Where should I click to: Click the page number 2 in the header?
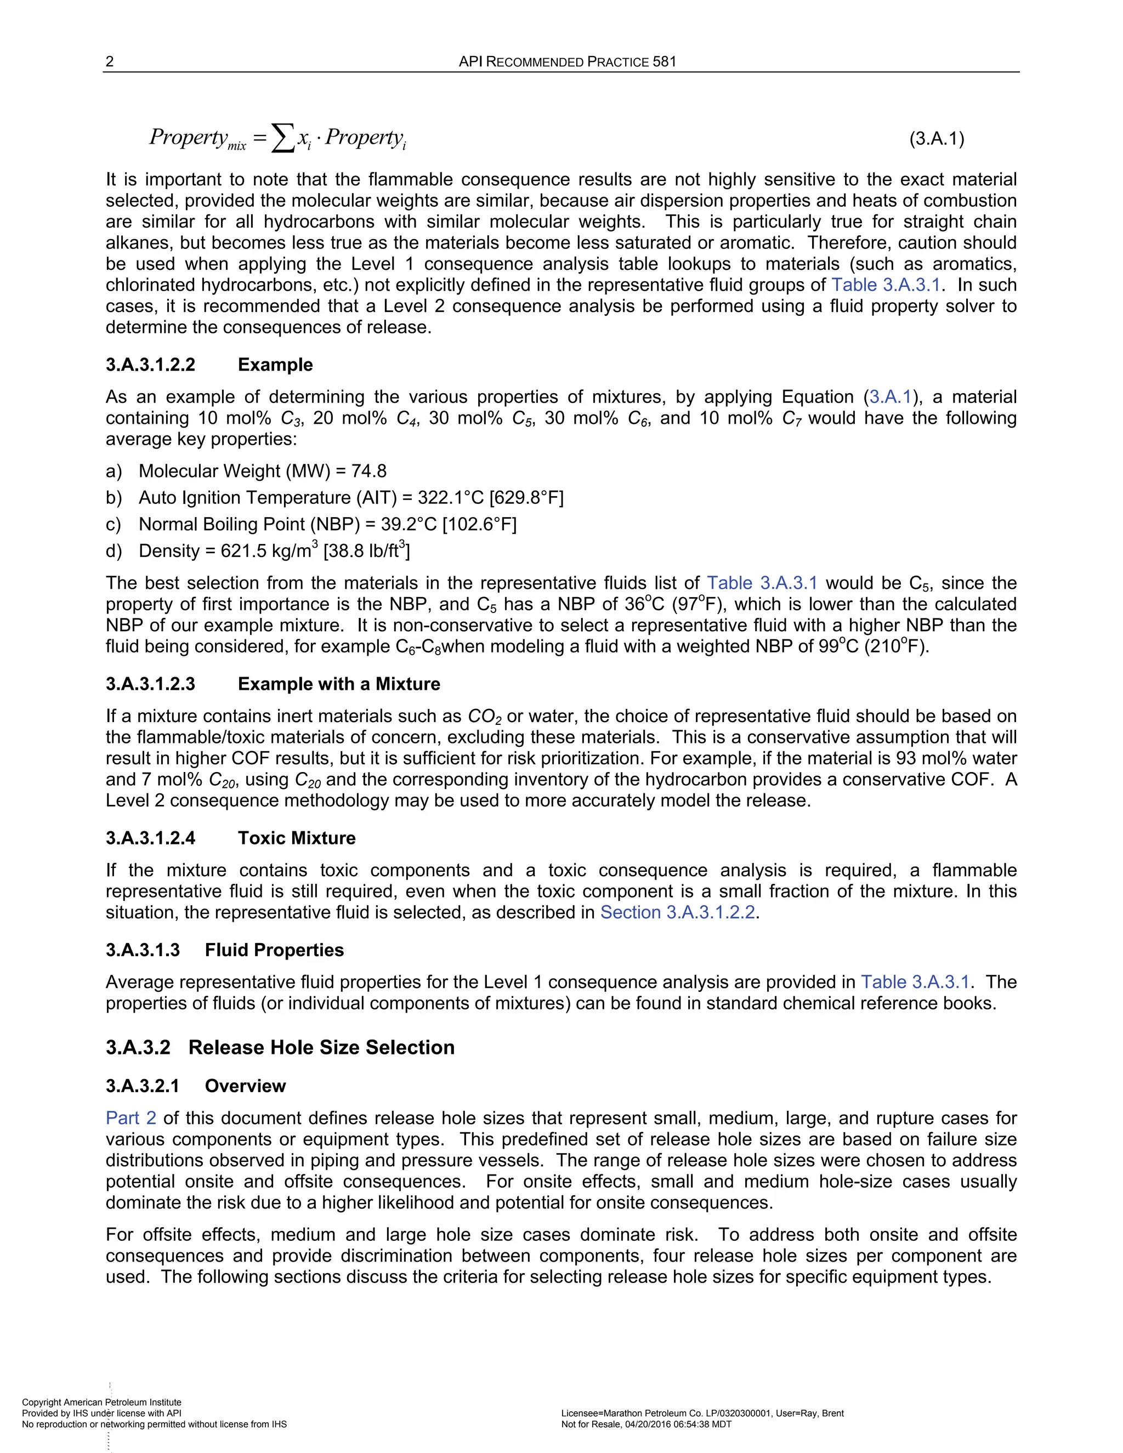(x=110, y=62)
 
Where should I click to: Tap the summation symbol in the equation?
(x=283, y=138)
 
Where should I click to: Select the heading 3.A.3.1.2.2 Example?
(x=209, y=365)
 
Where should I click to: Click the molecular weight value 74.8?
(x=368, y=471)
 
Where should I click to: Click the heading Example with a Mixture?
(x=339, y=684)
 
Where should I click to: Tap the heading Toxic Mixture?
(x=297, y=838)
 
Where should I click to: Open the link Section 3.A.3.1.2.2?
(x=677, y=912)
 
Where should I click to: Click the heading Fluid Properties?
(x=274, y=950)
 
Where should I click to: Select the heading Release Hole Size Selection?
(x=321, y=1047)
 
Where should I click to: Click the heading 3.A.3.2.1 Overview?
(x=196, y=1086)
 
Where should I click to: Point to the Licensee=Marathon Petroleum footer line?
(x=702, y=1413)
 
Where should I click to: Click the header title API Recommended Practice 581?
(x=568, y=62)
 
